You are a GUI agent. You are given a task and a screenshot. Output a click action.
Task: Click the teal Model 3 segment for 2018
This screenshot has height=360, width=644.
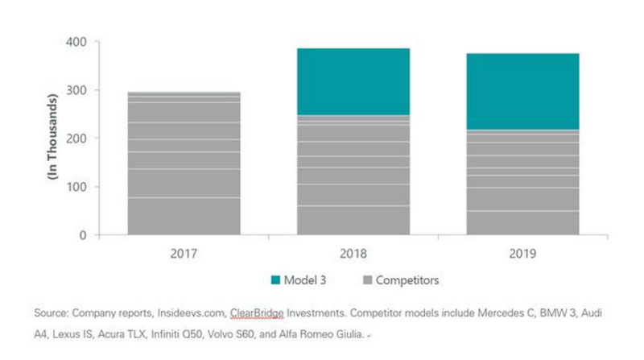point(353,81)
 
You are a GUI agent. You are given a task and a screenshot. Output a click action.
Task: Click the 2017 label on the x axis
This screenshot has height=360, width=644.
point(184,253)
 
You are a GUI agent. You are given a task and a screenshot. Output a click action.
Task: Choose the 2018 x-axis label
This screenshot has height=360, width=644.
point(353,253)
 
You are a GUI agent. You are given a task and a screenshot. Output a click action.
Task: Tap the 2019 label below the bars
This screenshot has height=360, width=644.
point(522,253)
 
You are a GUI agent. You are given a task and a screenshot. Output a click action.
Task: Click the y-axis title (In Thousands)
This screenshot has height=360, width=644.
point(54,138)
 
